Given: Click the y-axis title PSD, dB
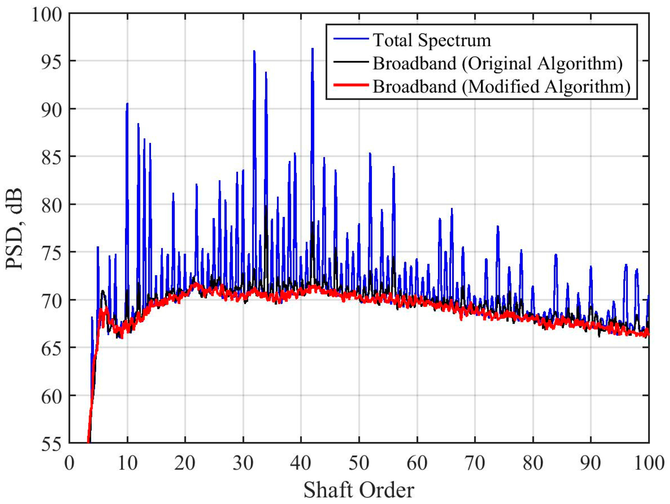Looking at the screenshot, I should coord(14,228).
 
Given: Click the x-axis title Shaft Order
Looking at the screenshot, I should coord(359,490).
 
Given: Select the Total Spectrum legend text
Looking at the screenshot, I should coord(432,40).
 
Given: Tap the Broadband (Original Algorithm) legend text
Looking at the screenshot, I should coord(497,63).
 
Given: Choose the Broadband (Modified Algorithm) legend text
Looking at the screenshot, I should coord(501,86).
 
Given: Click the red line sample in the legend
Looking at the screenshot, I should coord(351,85).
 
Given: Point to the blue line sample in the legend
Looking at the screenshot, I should coord(351,39).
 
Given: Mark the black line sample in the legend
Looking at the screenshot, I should coord(351,62).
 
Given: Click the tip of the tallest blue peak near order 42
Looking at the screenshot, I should coord(312,49).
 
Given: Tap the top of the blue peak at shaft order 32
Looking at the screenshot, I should coord(254,51).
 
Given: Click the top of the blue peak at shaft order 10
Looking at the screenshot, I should coord(127,103).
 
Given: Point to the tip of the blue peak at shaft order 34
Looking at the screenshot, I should coord(266,72).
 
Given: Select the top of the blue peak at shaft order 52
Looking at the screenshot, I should coord(370,153).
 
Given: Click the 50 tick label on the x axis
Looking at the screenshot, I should coord(359,463).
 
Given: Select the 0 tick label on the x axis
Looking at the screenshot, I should coord(69,463).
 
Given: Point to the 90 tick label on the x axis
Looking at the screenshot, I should coord(591,463).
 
